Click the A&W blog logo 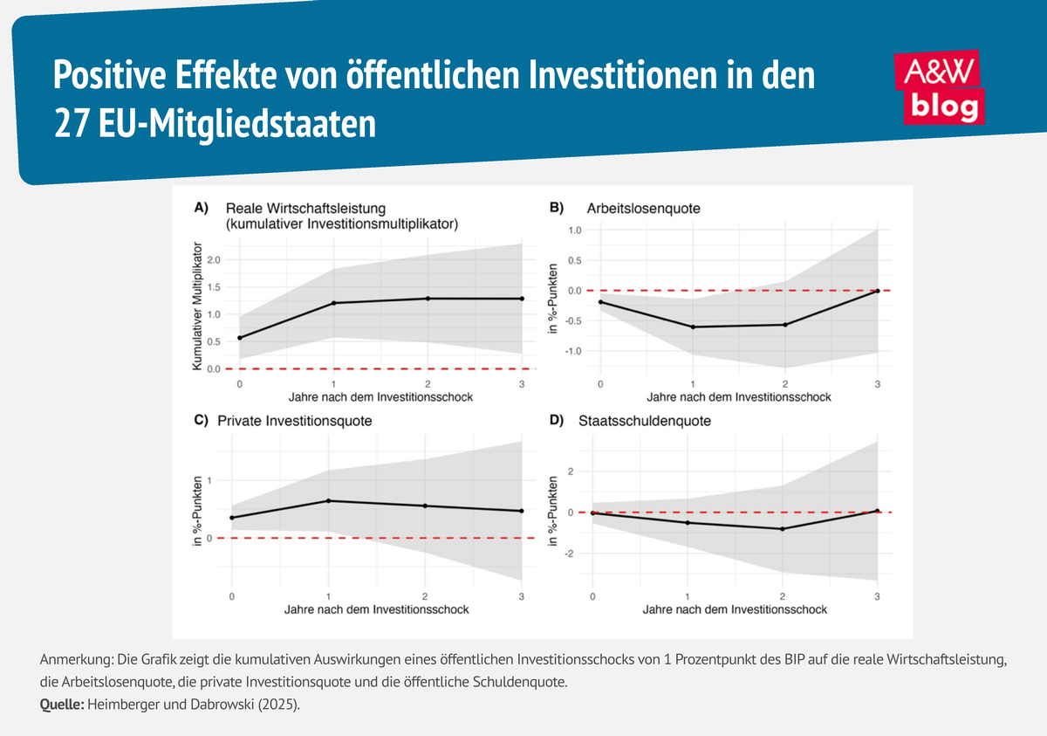[x=940, y=88]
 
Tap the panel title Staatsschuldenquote [x=645, y=421]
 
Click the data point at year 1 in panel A [x=332, y=303]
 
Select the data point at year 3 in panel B [x=877, y=291]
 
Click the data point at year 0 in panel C [x=232, y=518]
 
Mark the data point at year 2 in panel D [x=783, y=529]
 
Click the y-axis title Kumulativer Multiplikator [x=198, y=307]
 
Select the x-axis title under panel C [x=376, y=609]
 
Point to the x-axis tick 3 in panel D [x=877, y=596]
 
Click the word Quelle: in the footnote [x=60, y=705]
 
